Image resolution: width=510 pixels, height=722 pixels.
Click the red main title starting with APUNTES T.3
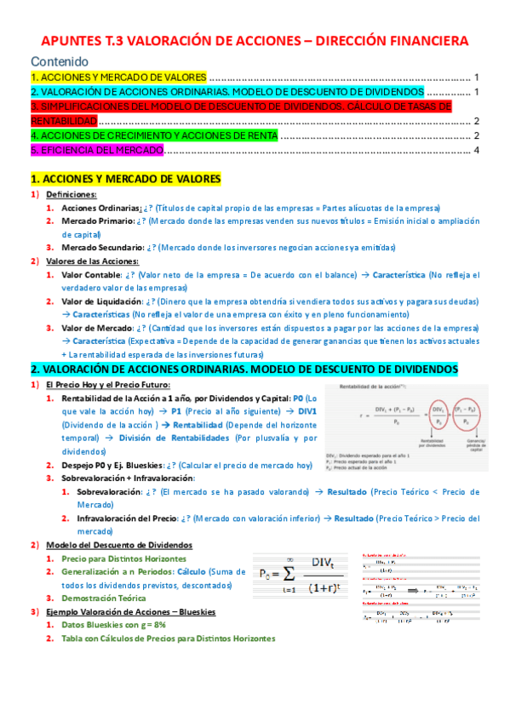click(x=255, y=40)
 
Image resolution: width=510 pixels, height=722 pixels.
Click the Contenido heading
click(x=60, y=61)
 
